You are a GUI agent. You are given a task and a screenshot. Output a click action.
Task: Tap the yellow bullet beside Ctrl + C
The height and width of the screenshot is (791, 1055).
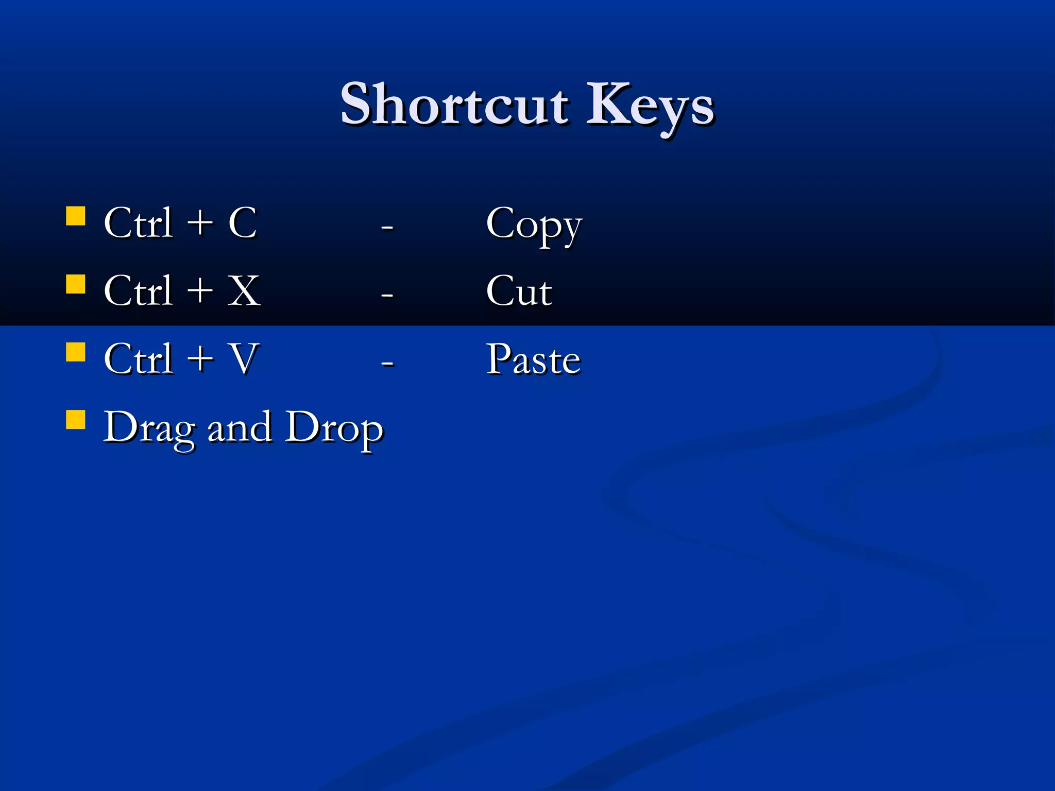tap(76, 217)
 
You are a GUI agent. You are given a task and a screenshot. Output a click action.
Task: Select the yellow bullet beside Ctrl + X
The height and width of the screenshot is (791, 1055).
tap(76, 284)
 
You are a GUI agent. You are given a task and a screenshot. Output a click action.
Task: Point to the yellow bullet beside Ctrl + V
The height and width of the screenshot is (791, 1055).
tap(76, 353)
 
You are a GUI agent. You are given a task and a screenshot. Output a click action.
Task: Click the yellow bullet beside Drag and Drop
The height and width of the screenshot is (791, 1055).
tap(76, 420)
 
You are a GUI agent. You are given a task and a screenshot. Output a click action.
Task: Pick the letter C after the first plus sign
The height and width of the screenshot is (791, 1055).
tap(243, 223)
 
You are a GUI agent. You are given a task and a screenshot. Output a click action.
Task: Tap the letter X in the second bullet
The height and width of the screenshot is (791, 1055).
tap(244, 291)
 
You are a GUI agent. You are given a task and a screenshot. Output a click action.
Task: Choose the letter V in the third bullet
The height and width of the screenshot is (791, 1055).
tap(244, 359)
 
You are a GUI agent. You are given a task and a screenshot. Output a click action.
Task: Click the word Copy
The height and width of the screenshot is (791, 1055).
tap(534, 225)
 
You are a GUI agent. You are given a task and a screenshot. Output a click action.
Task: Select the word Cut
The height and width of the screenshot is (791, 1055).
tap(519, 291)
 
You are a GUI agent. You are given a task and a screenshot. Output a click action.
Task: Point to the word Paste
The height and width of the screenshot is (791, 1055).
tap(534, 359)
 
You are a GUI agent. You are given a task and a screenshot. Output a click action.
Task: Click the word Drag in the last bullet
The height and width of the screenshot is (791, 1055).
tap(149, 428)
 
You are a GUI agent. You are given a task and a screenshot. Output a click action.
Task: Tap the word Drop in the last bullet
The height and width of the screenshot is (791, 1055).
tap(334, 428)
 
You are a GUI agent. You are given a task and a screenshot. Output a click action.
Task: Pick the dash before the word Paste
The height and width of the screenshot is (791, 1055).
tap(387, 363)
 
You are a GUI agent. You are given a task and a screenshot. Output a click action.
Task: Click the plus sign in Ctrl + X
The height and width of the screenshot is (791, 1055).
tap(200, 291)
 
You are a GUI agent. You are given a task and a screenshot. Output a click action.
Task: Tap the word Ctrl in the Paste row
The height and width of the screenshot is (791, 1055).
tap(138, 359)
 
